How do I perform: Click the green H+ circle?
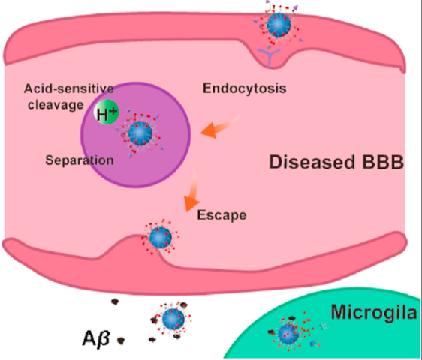click(107, 115)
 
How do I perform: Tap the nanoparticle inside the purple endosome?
click(140, 133)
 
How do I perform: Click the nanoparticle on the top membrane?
click(280, 24)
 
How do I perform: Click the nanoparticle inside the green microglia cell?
click(287, 333)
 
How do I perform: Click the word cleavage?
click(53, 104)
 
